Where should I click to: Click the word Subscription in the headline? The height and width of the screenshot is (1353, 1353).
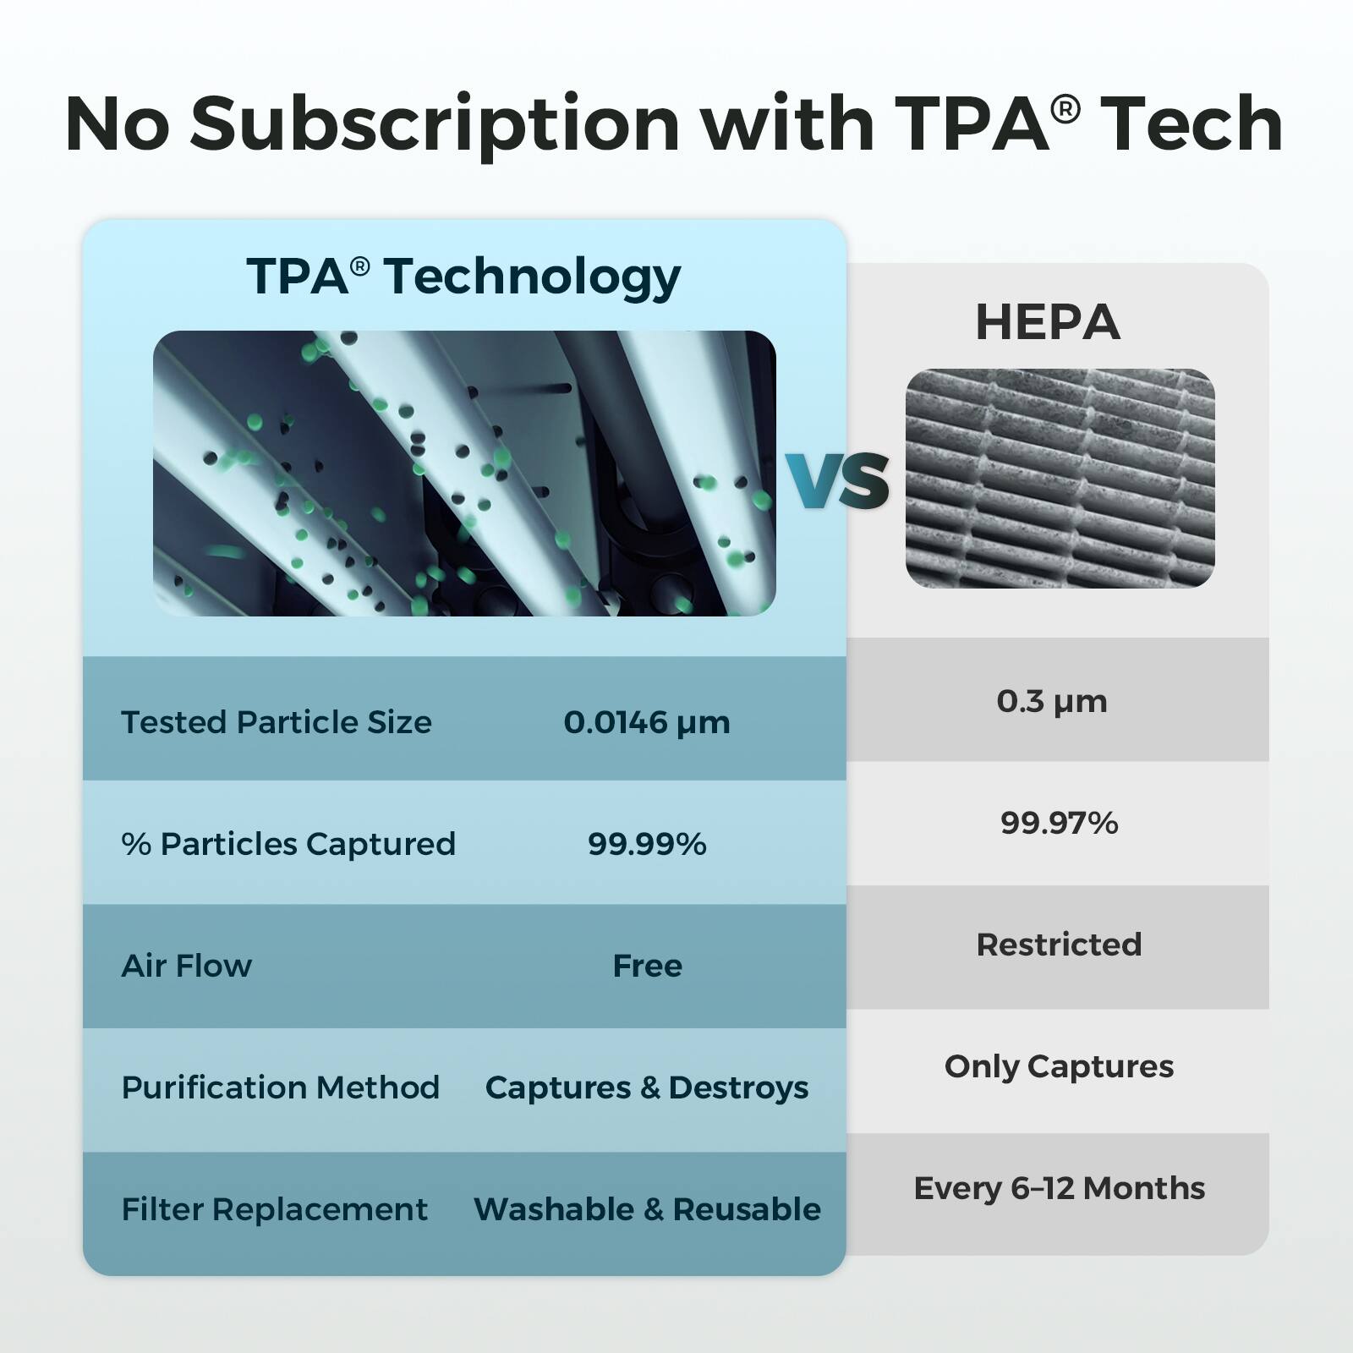coord(435,125)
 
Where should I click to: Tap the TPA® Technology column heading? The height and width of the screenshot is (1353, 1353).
coord(463,277)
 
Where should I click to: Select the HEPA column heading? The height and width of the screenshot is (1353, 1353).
coord(1048,322)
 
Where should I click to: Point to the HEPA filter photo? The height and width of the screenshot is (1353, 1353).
coord(1060,479)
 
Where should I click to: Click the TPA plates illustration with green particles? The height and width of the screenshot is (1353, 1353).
coord(463,473)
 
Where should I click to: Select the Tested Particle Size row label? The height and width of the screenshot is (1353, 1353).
coord(277,722)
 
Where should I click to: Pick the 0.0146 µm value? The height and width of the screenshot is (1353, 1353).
coord(647,722)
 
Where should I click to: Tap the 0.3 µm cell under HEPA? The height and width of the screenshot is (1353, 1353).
coord(1052,701)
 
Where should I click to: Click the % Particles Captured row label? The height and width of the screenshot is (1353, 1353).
coord(288,844)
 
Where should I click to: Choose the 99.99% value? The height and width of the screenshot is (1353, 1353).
coord(647,844)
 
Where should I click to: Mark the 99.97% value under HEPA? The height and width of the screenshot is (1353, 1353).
coord(1059,823)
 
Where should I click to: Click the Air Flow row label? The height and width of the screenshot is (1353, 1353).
coord(187,966)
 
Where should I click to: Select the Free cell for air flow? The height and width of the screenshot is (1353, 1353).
coord(647,966)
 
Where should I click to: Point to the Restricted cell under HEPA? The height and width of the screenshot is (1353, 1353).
coord(1059,945)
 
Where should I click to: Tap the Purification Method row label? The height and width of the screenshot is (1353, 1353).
coord(281,1087)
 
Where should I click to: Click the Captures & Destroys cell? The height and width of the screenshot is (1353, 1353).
coord(647,1087)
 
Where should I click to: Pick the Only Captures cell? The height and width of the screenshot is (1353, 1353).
coord(1059,1066)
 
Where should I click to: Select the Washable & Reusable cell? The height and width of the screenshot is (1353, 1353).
coord(647,1209)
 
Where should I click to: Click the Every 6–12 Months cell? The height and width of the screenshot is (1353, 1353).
coord(1059,1188)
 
